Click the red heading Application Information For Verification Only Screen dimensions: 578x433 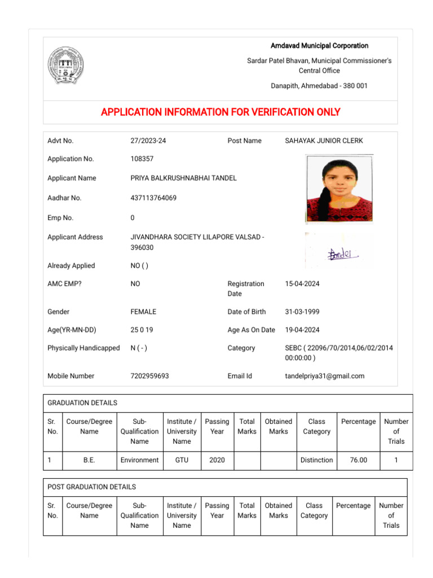220,112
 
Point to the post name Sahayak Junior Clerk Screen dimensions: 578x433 324,141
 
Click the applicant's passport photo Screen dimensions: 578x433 339,189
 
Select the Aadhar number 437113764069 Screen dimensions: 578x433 153,198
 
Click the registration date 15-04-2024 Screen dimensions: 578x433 302,284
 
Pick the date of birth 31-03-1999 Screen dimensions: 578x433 302,312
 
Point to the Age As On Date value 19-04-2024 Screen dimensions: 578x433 302,330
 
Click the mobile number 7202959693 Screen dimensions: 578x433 149,376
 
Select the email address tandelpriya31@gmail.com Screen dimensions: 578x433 325,376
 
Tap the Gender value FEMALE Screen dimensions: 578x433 143,312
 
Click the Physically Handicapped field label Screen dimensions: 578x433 83,348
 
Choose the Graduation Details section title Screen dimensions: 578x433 82,403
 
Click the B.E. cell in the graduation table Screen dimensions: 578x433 89,460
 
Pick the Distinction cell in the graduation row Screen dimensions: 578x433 316,460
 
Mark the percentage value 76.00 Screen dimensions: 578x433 358,460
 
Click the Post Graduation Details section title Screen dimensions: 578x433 91,487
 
